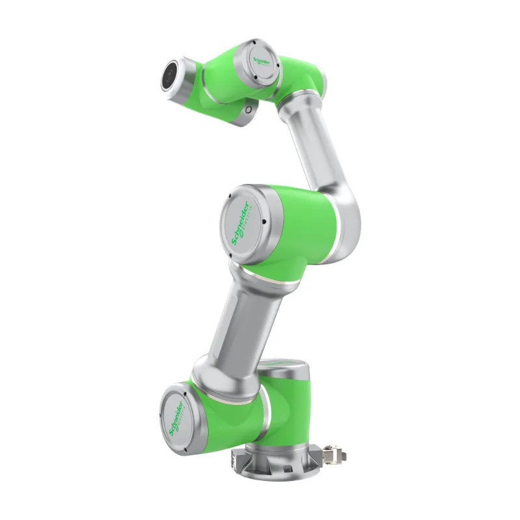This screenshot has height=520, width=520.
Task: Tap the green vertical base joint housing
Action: coord(292,409)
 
